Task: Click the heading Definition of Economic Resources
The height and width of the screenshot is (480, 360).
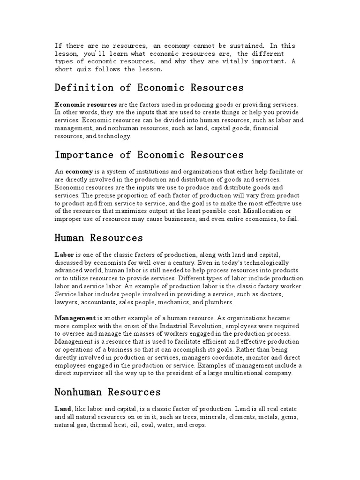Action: [149, 88]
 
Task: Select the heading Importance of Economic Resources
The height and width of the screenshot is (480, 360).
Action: [149, 155]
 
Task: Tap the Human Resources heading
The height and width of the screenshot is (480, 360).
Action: [99, 238]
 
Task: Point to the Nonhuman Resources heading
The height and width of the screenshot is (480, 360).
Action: [108, 392]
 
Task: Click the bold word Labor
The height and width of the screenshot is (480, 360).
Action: [64, 254]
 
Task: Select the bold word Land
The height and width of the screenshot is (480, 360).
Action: [63, 409]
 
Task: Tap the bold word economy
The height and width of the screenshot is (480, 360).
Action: [79, 172]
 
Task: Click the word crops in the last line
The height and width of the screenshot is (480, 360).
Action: [192, 424]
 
